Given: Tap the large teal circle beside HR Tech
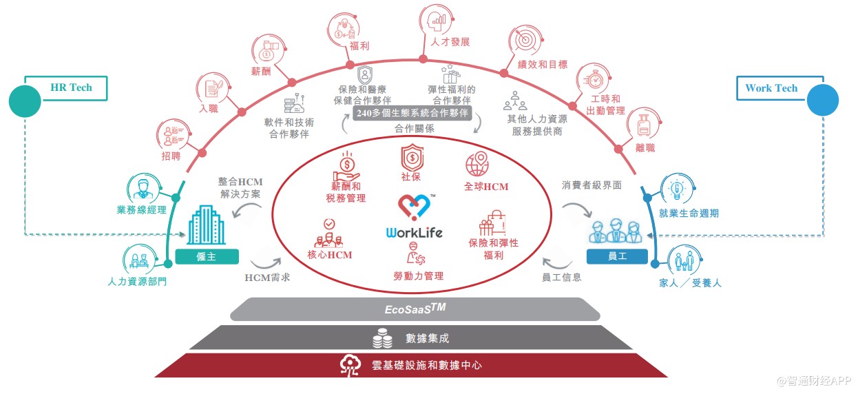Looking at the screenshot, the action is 25,101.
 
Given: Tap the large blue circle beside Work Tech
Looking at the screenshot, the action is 823,100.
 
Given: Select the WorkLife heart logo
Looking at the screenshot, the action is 415,207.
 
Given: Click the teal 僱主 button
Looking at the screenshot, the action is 207,256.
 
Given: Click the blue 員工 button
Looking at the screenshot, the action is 617,256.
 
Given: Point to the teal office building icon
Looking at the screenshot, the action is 206,225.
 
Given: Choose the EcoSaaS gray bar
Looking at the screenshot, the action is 415,309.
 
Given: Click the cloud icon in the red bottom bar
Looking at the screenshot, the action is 350,365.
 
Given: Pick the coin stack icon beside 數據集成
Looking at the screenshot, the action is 382,338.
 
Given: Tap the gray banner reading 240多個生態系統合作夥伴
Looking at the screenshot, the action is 412,113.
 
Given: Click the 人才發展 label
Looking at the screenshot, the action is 450,42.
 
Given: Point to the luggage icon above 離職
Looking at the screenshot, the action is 643,125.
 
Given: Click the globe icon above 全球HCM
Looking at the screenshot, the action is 477,165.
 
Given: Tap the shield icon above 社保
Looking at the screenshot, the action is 412,157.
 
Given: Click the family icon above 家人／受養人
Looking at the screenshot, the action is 684,260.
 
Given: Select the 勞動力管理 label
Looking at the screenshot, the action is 418,276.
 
